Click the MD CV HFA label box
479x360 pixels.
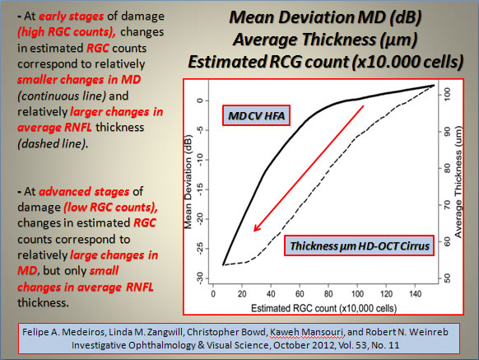(x=256, y=115)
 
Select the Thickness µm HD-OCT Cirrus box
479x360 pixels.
(x=359, y=245)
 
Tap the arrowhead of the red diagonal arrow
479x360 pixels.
(x=257, y=227)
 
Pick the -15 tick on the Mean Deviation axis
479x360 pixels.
(x=200, y=189)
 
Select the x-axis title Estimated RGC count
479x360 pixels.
(x=323, y=308)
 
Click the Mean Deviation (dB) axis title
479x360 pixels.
(x=188, y=182)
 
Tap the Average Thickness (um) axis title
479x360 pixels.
(x=458, y=182)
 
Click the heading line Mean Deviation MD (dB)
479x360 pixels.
(x=325, y=17)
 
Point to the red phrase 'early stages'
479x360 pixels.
(x=71, y=16)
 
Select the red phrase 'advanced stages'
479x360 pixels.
(x=84, y=191)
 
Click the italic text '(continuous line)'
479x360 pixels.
(x=62, y=96)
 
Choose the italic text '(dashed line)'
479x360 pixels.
(x=53, y=143)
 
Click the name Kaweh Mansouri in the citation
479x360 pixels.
(x=307, y=332)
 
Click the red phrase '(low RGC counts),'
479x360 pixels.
(x=110, y=208)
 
